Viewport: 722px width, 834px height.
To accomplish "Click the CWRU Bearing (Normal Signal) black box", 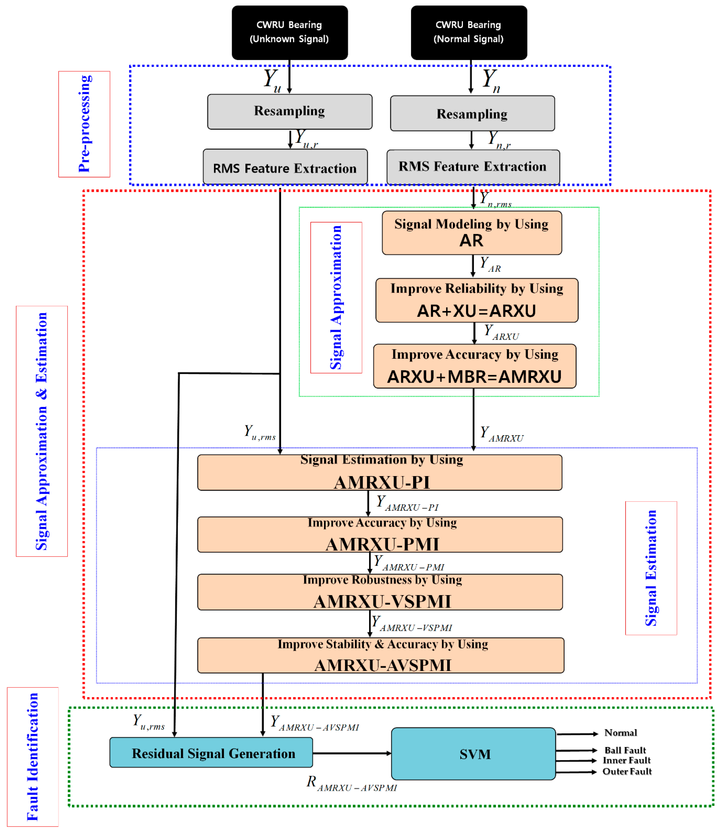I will coord(469,32).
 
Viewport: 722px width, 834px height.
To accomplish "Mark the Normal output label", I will coord(621,733).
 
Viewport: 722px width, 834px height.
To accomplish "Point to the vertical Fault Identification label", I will coord(33,757).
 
